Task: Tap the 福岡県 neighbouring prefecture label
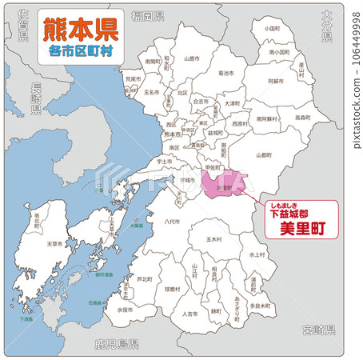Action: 148,16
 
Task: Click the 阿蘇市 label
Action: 275,82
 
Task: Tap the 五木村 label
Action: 213,238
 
